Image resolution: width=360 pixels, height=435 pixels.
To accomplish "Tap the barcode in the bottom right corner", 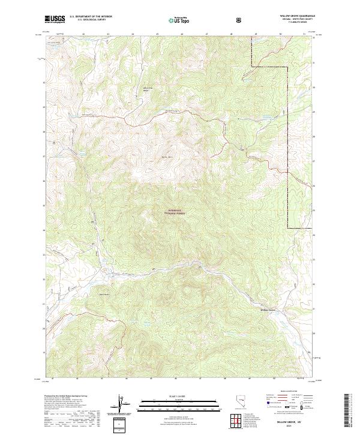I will [x=347, y=411].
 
